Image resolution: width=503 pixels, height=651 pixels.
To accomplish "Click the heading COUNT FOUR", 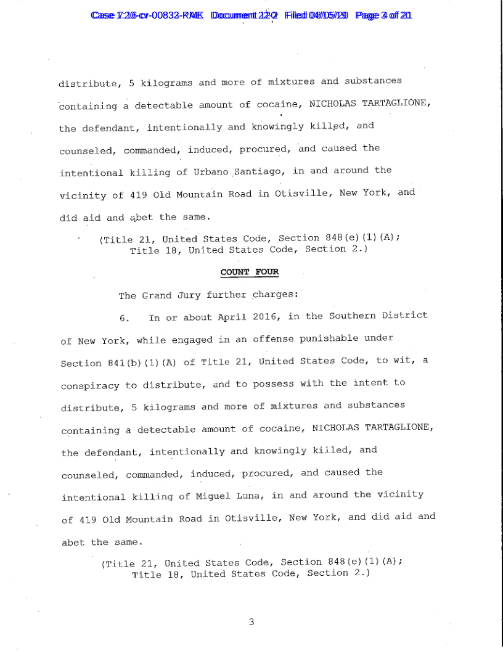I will click(x=250, y=272).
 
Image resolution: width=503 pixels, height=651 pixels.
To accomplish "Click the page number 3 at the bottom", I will click(x=251, y=621).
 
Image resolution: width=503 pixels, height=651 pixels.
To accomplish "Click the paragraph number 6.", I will click(x=123, y=317).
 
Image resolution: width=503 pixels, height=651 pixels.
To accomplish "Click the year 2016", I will click(x=266, y=317).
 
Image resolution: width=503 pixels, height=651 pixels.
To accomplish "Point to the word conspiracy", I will click(x=90, y=385).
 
